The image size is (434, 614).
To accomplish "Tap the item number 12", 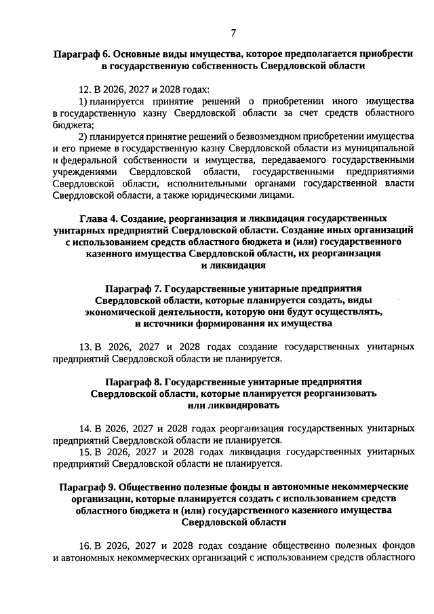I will (x=85, y=90).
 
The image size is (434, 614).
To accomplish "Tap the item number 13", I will (x=85, y=346).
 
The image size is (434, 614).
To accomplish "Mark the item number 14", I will (x=85, y=429).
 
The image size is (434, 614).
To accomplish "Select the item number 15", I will (x=85, y=451).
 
